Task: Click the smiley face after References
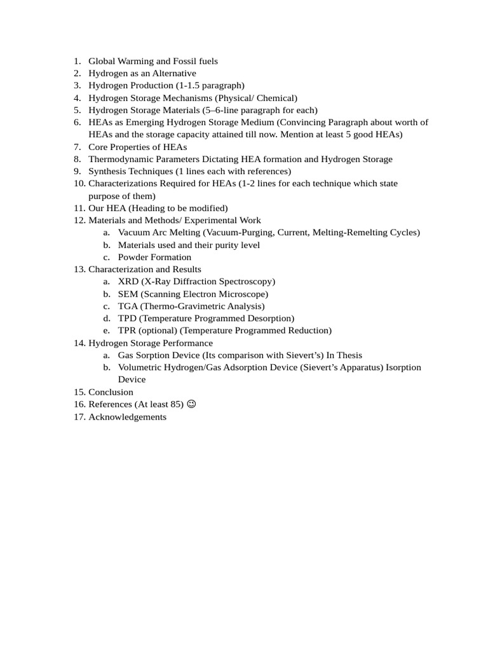192,404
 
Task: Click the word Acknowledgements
127,416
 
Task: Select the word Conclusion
111,392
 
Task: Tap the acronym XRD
128,281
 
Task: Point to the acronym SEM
128,294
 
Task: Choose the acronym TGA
128,306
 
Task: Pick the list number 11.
79,208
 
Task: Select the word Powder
132,257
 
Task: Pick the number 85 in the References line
176,404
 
